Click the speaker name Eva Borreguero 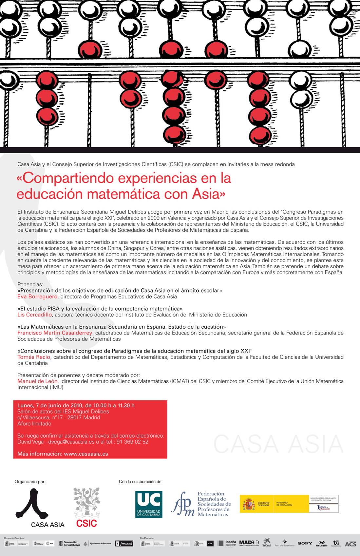click(x=37, y=297)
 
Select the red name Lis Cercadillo click(x=35, y=315)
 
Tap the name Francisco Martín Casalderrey click(x=55, y=333)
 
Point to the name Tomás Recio click(x=34, y=357)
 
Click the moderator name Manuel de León click(x=38, y=381)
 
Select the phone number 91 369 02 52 click(x=132, y=442)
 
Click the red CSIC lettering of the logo click(x=86, y=523)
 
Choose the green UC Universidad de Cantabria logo click(x=149, y=504)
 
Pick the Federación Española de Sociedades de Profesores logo click(x=201, y=504)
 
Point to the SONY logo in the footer click(x=305, y=543)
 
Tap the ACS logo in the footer click(x=350, y=544)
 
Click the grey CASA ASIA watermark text click(x=278, y=444)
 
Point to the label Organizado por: click(x=30, y=482)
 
